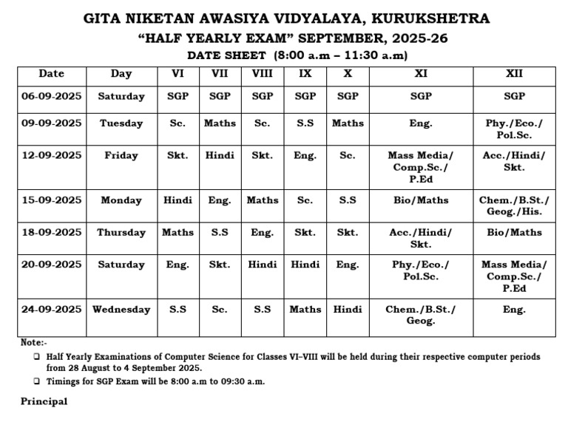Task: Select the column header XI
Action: (421, 74)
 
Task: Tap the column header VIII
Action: (262, 74)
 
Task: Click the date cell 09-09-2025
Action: (52, 123)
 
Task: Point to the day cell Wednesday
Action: (121, 310)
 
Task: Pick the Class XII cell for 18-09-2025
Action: (514, 232)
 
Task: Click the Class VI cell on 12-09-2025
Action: (177, 156)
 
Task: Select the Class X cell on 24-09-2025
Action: (347, 310)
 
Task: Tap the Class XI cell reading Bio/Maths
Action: (421, 200)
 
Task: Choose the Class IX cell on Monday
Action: (305, 200)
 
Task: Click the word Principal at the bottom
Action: (44, 401)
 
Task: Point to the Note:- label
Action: (33, 343)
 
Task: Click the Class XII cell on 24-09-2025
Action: (514, 310)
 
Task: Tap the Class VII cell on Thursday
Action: (220, 232)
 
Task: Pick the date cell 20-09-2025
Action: (52, 265)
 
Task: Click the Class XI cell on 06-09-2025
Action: (421, 97)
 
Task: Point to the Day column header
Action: (121, 74)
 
